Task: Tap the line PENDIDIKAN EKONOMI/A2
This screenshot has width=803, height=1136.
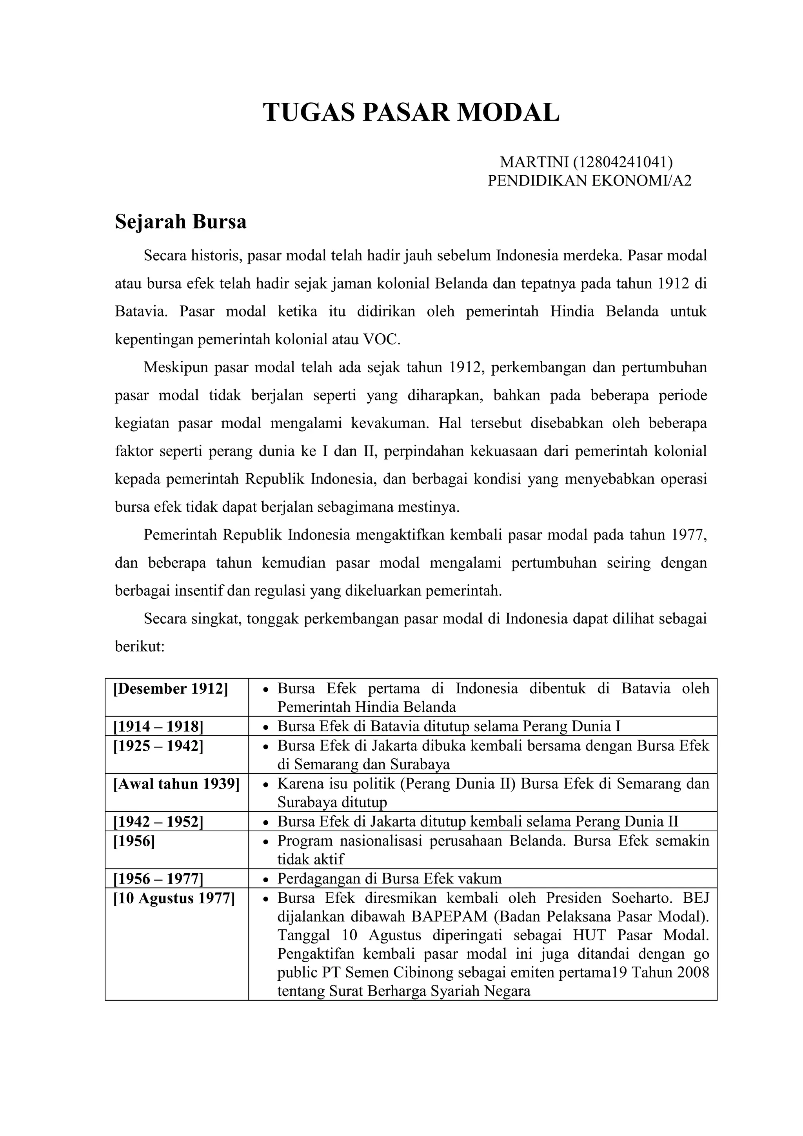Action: pyautogui.click(x=589, y=181)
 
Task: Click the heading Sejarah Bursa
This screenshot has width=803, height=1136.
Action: pyautogui.click(x=181, y=222)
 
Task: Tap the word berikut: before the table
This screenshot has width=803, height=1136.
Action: pyautogui.click(x=139, y=647)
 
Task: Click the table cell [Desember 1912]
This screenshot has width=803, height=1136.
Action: pyautogui.click(x=171, y=689)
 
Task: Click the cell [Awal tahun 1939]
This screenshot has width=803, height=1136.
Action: pyautogui.click(x=176, y=784)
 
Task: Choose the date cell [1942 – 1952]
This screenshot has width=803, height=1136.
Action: pyautogui.click(x=158, y=822)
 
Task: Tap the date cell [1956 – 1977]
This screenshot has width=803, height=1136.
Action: pyautogui.click(x=158, y=879)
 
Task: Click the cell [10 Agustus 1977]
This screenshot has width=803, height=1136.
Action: pyautogui.click(x=174, y=898)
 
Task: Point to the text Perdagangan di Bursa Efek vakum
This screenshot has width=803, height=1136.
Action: pyautogui.click(x=389, y=879)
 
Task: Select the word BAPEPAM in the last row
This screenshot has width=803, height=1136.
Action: pyautogui.click(x=449, y=917)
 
